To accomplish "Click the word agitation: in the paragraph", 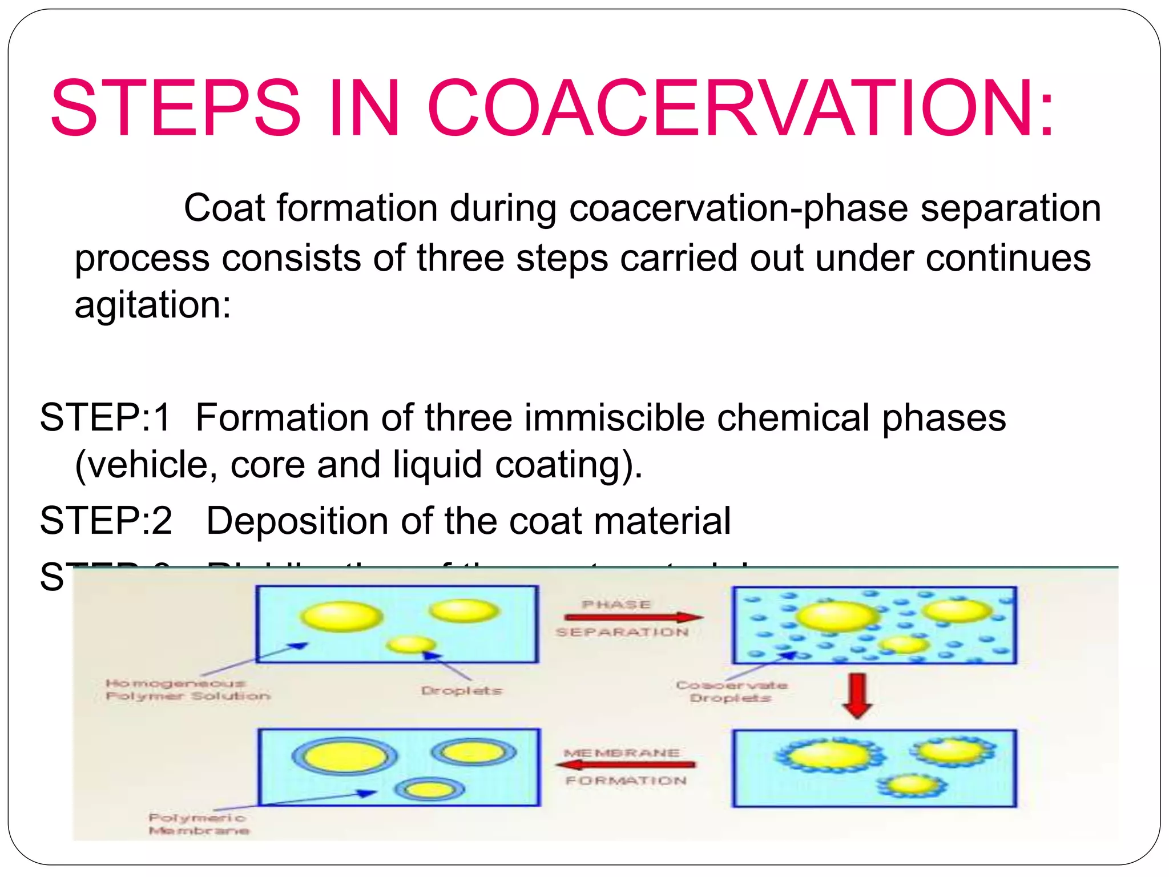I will click(153, 305).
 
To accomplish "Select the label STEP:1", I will click(105, 417).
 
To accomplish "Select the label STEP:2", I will click(106, 521).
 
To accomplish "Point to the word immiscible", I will click(614, 417).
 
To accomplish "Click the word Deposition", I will click(297, 521).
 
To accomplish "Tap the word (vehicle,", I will click(146, 465).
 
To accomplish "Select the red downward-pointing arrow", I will click(857, 695).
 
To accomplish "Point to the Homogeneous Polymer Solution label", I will click(187, 690).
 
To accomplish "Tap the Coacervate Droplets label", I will click(731, 691).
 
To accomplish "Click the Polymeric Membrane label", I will click(198, 824).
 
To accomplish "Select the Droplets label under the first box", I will click(461, 691).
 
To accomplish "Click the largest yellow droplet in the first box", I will click(341, 617).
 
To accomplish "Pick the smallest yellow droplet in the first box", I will click(411, 645).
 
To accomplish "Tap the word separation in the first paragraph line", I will click(1010, 208).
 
